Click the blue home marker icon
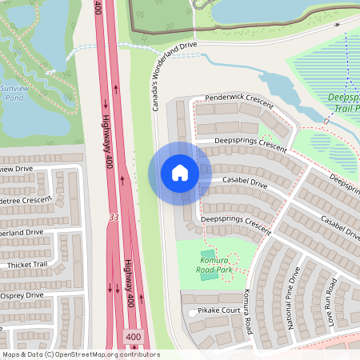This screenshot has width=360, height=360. (x=179, y=173)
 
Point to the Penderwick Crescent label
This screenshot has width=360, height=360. (x=239, y=98)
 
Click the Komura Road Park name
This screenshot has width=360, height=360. (x=214, y=265)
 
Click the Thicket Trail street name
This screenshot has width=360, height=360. (x=28, y=264)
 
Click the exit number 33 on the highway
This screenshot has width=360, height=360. (x=113, y=217)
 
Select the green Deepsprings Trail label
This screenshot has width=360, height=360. (x=344, y=102)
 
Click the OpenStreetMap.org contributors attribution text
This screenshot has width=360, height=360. (x=80, y=354)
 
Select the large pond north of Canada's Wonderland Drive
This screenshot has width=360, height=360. (x=264, y=11)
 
